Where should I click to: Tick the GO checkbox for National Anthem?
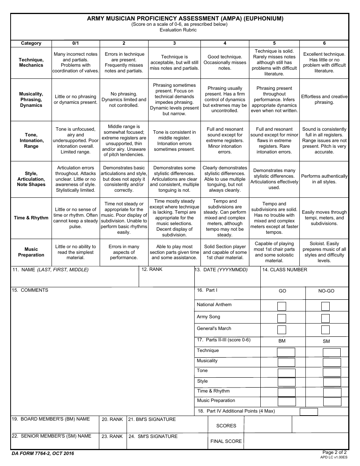point(282,306)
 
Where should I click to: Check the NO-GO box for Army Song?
point(326,318)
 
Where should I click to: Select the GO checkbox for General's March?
point(282,330)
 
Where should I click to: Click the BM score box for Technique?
point(286,352)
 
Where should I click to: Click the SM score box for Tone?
point(332,372)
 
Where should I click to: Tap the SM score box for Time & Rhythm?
point(332,392)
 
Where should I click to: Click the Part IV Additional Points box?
point(308,411)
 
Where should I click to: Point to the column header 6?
point(324,43)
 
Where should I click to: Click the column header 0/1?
point(76,43)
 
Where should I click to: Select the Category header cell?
point(31,43)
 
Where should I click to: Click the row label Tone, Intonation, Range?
point(31,141)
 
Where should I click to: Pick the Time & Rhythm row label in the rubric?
point(31,218)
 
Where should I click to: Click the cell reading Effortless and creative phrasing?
point(324,100)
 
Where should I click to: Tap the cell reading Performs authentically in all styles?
point(324,179)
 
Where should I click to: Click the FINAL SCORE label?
point(226,441)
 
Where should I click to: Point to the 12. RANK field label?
point(152,269)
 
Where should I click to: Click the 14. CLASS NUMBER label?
point(285,270)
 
